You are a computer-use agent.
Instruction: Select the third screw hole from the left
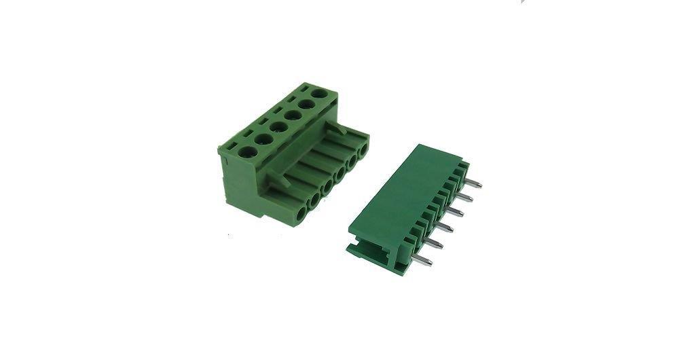(279, 126)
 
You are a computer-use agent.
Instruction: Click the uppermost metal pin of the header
(475, 183)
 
